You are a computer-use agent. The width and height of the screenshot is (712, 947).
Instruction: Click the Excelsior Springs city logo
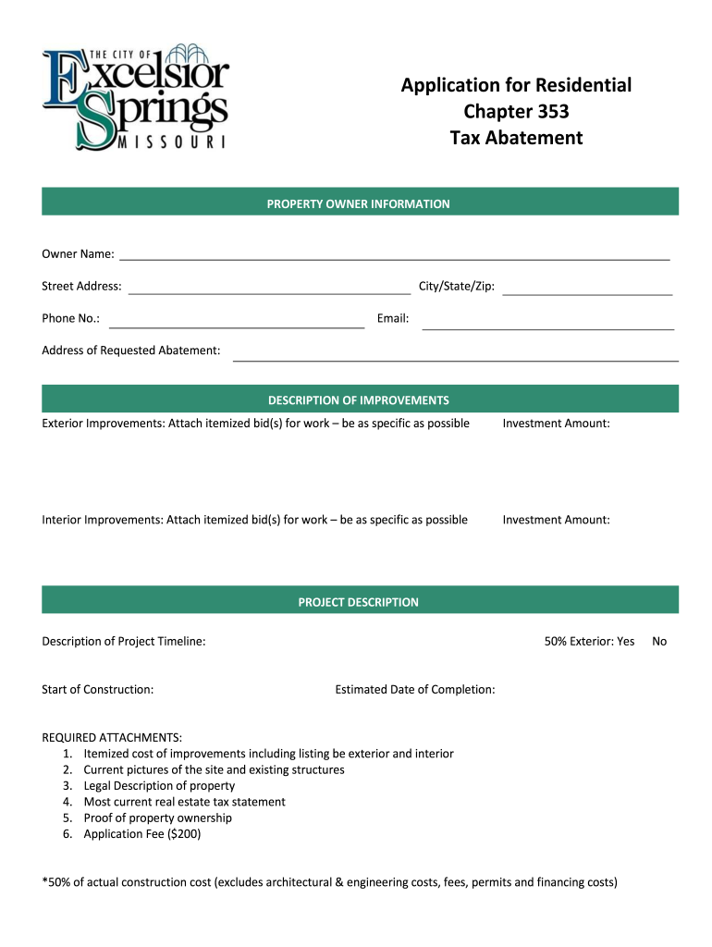pos(135,95)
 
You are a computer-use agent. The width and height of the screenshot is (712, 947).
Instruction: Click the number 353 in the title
pos(549,112)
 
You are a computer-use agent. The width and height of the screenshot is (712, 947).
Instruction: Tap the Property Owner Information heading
pos(359,203)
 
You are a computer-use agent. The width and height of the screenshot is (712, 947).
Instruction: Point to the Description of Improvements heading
pos(359,400)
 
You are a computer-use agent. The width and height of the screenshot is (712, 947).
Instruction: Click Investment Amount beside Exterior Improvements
pos(556,424)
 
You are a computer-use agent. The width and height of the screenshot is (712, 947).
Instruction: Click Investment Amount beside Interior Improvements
pos(556,520)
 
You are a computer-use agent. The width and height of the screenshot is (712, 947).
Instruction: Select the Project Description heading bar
pos(359,602)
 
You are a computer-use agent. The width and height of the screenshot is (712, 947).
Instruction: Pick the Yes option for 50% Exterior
pos(625,641)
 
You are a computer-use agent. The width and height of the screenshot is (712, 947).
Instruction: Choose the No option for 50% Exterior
pos(659,641)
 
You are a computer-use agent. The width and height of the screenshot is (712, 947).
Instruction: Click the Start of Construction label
pos(98,689)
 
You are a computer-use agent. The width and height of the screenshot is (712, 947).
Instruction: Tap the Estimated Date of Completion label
pos(415,689)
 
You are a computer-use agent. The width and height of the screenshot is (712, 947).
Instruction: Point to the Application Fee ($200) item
pos(141,834)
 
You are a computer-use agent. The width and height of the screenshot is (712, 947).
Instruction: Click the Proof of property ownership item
pos(157,818)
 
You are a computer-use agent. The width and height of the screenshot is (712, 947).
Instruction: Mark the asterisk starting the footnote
pos(45,881)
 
